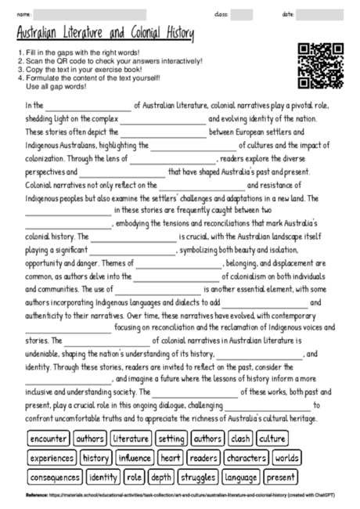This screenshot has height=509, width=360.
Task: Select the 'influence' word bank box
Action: (135, 457)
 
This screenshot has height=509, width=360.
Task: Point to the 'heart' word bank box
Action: (171, 457)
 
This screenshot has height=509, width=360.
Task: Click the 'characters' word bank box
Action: (247, 457)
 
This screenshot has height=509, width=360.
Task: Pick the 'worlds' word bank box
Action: (287, 457)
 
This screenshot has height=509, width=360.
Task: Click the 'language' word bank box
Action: (241, 476)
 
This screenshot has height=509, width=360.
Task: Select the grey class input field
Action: (242, 15)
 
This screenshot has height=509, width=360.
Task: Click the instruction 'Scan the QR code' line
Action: (110, 61)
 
